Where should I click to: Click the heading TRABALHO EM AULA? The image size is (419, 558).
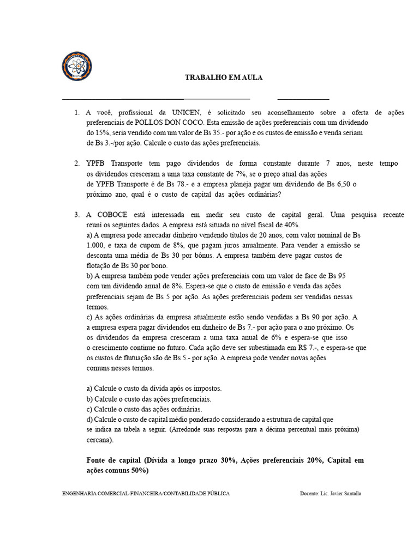224,78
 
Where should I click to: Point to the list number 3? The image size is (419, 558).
77,215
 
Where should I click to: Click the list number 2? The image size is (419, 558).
77,163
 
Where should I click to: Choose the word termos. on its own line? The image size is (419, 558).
98,307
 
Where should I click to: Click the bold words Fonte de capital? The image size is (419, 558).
113,460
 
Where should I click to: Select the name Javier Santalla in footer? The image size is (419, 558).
346,493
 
